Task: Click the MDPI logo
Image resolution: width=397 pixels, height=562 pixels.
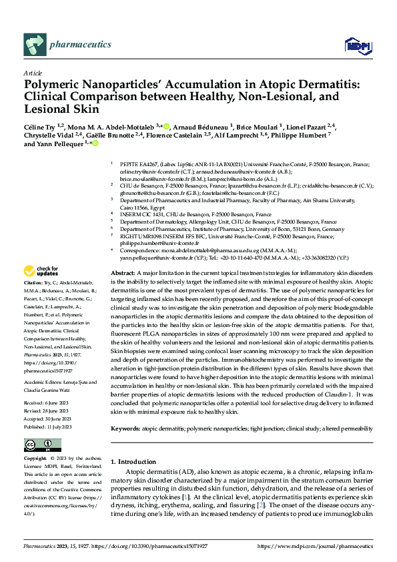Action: point(356,45)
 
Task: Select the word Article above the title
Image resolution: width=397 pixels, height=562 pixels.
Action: point(33,73)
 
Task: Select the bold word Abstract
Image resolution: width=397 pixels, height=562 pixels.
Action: point(121,274)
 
